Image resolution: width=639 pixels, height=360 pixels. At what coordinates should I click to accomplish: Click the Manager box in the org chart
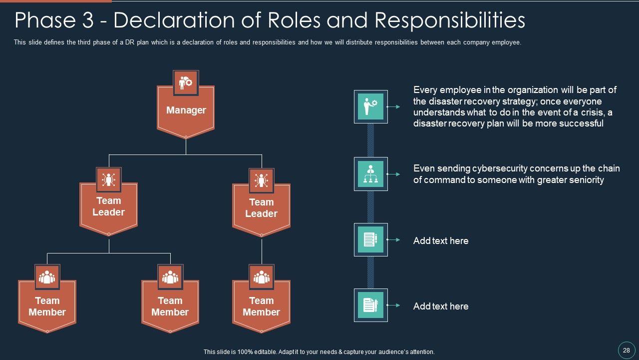click(x=186, y=110)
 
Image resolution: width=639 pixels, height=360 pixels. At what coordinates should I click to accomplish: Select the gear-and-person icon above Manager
click(x=186, y=82)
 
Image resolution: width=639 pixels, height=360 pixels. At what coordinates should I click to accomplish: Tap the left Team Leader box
click(x=108, y=206)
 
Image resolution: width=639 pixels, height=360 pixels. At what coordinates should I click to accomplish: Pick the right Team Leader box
click(x=261, y=208)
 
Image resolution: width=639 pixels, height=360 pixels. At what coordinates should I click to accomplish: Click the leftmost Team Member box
click(x=47, y=306)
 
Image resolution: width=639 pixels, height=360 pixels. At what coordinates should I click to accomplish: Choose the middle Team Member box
click(x=170, y=306)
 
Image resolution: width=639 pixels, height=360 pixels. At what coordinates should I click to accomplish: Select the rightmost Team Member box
click(x=261, y=306)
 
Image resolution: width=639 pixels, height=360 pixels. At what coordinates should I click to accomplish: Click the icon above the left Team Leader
click(x=108, y=179)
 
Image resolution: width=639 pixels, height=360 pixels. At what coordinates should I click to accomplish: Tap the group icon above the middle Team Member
click(x=170, y=277)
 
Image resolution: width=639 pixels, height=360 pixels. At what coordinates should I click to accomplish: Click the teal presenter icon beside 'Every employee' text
click(x=370, y=106)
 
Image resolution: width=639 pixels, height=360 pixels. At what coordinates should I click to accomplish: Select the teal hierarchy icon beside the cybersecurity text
click(x=370, y=173)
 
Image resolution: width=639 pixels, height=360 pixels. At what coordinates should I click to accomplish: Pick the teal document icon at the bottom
click(x=370, y=305)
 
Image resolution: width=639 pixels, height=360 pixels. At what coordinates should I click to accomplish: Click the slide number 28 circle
click(x=626, y=350)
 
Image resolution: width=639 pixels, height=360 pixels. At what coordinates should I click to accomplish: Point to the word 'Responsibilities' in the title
click(x=449, y=21)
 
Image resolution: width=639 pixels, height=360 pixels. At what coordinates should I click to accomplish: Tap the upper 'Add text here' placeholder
click(x=441, y=240)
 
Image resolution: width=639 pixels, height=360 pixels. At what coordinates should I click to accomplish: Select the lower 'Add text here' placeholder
click(x=441, y=306)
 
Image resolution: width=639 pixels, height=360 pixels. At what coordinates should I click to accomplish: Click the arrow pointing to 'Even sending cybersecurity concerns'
click(x=394, y=174)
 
